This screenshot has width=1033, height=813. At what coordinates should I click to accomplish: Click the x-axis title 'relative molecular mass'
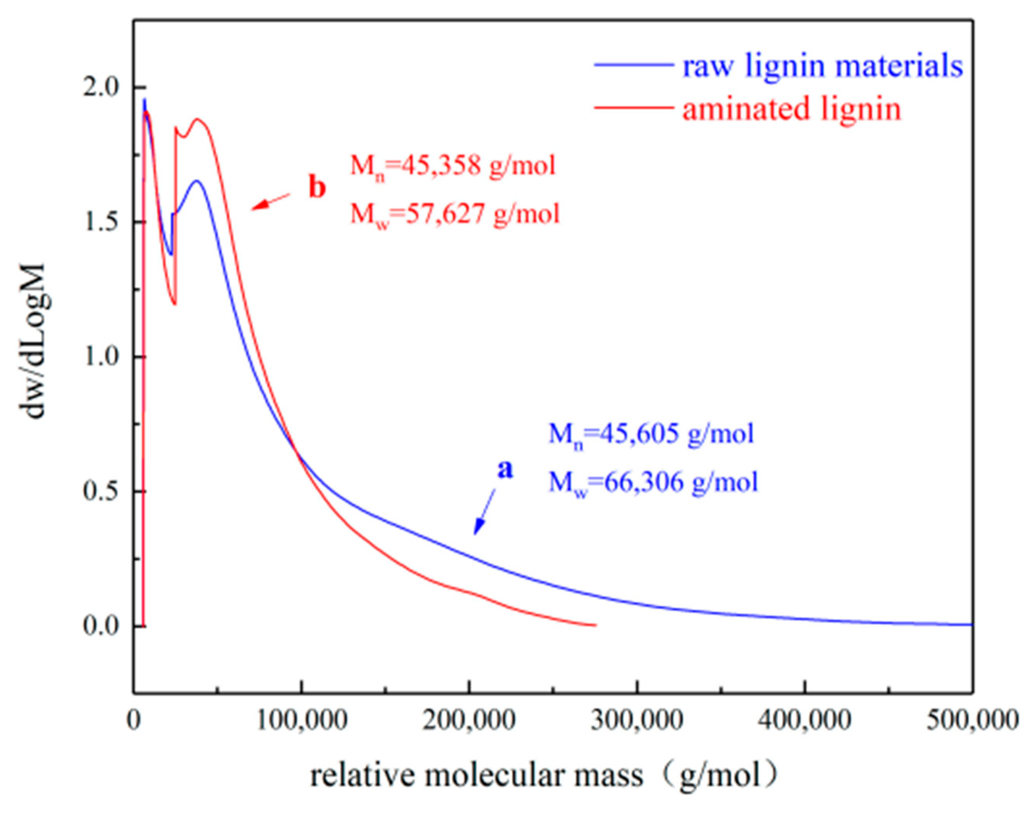pyautogui.click(x=476, y=776)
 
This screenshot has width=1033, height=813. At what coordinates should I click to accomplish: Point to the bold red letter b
pyautogui.click(x=317, y=188)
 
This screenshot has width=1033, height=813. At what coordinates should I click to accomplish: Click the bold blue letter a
pyautogui.click(x=505, y=469)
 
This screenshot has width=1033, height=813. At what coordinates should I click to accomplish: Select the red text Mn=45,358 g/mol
pyautogui.click(x=453, y=167)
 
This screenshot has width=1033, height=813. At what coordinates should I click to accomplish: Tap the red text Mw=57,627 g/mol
pyautogui.click(x=455, y=214)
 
